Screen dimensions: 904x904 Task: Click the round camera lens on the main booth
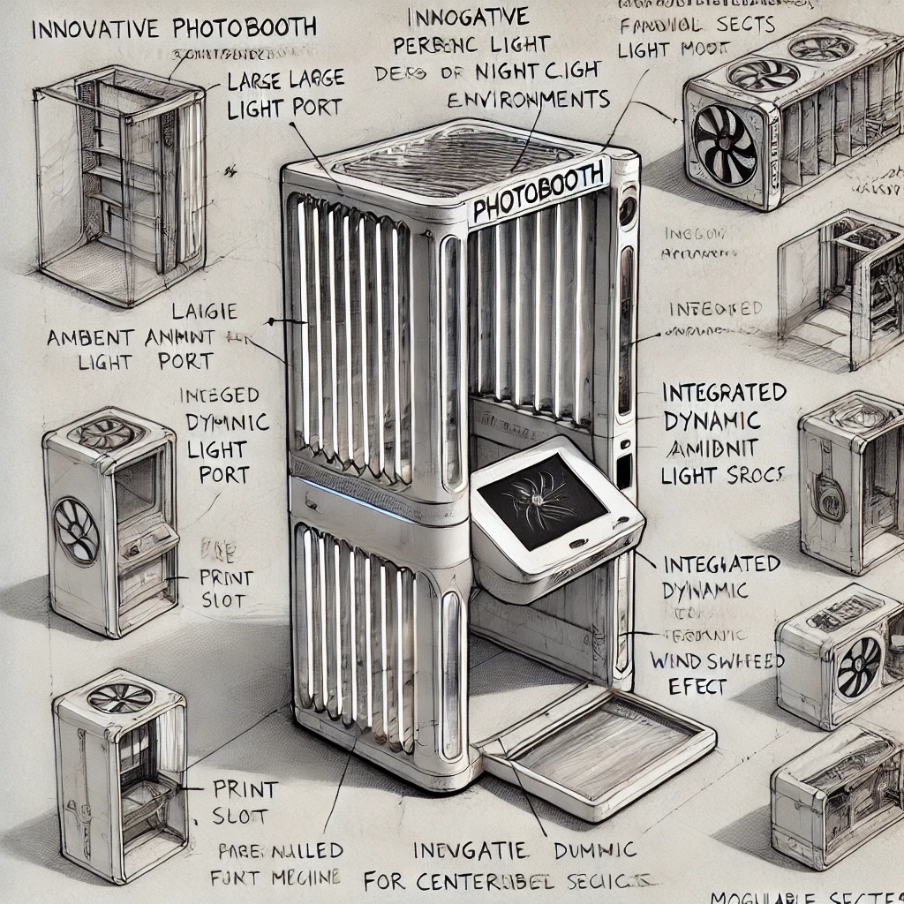628,210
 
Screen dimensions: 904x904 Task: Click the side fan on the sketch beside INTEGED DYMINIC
77,530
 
